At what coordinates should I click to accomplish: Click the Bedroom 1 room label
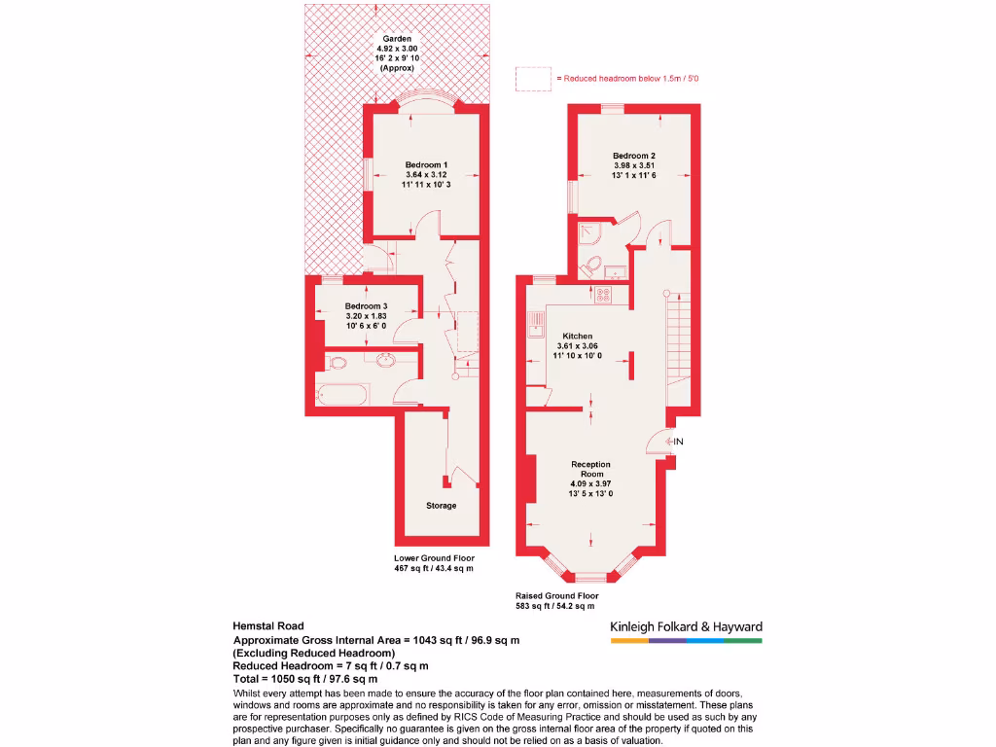425,164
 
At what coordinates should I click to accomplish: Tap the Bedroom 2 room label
634,156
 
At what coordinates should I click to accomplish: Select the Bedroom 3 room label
366,306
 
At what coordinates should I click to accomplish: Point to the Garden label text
397,39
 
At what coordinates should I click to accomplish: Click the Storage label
441,506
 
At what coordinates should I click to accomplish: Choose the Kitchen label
577,336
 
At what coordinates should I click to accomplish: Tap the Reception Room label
591,464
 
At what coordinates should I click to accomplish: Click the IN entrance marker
679,443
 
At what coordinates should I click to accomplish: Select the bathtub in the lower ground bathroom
344,396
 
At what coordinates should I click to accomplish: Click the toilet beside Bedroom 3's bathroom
337,363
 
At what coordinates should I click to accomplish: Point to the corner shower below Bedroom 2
588,233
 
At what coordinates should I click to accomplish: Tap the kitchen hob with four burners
603,295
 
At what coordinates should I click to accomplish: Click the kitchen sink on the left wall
534,324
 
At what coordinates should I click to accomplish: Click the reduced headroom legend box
533,78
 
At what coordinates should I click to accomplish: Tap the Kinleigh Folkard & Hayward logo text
686,627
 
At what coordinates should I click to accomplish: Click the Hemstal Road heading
268,626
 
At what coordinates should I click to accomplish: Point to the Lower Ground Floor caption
434,558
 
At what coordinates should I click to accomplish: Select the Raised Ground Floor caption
557,595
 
